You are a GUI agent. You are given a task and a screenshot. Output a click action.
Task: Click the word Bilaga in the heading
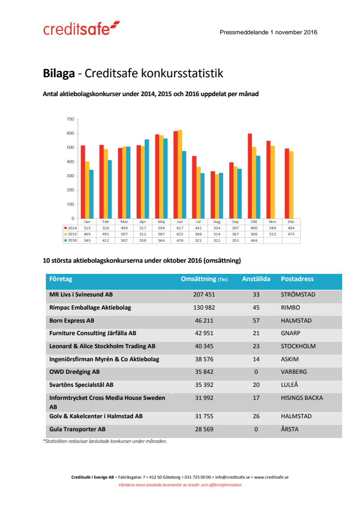(59, 74)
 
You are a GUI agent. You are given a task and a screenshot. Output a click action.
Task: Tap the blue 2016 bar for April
(147, 179)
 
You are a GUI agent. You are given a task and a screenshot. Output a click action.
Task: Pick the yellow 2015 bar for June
(180, 174)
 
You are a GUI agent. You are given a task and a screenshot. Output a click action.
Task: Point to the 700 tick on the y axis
(70, 119)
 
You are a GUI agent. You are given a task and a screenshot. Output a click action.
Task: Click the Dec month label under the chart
(291, 221)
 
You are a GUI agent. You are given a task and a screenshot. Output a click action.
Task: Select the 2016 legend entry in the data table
(70, 240)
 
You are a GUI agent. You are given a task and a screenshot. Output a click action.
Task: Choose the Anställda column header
(256, 279)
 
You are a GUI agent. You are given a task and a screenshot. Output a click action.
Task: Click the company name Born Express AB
(72, 320)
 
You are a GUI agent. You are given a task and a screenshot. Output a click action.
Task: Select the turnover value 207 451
(204, 294)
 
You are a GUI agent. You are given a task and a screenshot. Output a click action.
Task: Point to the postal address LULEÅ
(290, 385)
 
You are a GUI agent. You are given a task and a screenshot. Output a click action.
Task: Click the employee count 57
(256, 320)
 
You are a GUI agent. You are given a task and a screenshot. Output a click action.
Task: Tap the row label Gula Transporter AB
(77, 429)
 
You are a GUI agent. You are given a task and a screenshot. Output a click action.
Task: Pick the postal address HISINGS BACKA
(302, 398)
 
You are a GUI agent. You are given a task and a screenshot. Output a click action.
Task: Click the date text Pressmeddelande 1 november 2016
(268, 32)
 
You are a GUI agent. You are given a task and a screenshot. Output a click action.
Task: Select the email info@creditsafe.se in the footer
(233, 477)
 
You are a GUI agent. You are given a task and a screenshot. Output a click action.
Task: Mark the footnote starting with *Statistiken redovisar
(105, 441)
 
